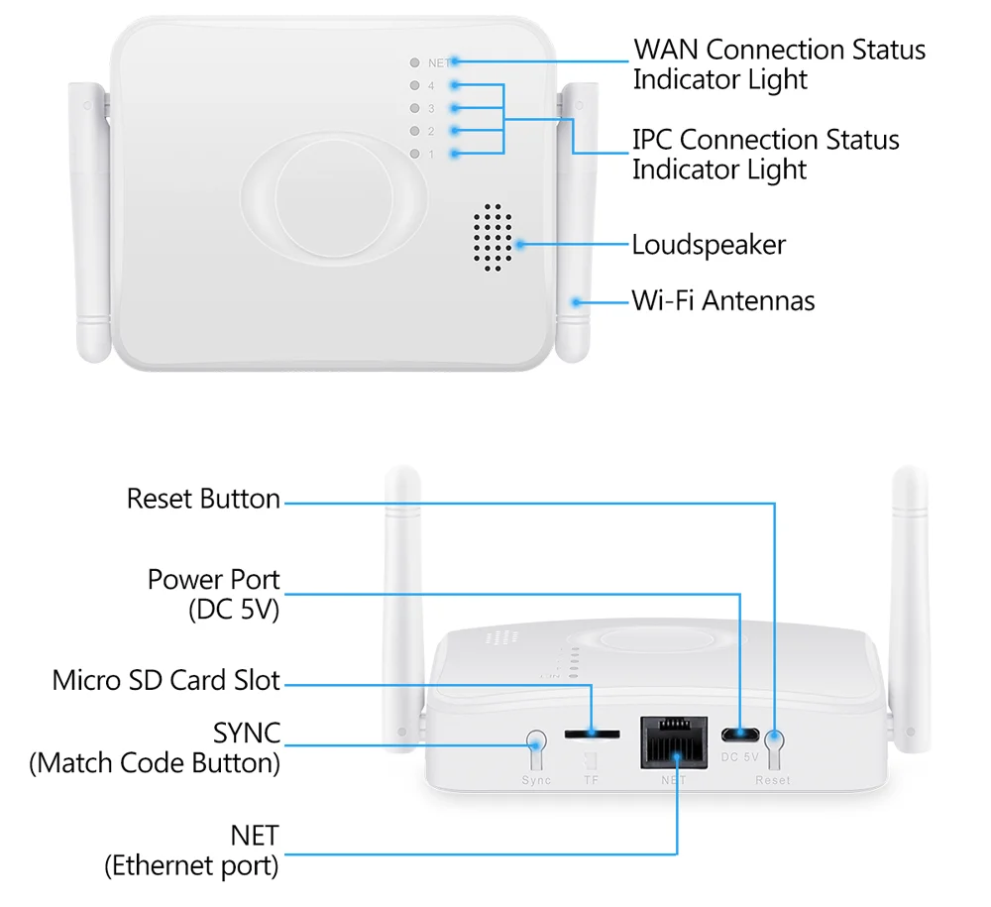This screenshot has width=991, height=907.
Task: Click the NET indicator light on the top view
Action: [414, 62]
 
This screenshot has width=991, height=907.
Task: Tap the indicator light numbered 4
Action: [414, 85]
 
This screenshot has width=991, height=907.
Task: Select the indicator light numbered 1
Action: [414, 154]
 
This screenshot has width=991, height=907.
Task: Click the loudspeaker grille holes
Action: [491, 239]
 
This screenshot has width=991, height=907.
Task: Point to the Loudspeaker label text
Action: [709, 244]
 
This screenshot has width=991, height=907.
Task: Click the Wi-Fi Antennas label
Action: [723, 300]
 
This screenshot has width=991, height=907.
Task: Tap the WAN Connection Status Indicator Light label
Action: [779, 63]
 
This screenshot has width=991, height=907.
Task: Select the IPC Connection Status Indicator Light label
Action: [765, 155]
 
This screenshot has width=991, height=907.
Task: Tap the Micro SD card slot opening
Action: [592, 735]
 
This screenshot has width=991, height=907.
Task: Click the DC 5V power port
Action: [739, 735]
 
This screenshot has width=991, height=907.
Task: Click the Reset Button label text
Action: [203, 499]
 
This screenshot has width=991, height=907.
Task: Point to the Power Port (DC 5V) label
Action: [214, 594]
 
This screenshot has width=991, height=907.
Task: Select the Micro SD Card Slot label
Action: [166, 681]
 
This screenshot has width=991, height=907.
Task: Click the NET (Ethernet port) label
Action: [192, 850]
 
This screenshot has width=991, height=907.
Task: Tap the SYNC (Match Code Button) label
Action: [156, 748]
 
